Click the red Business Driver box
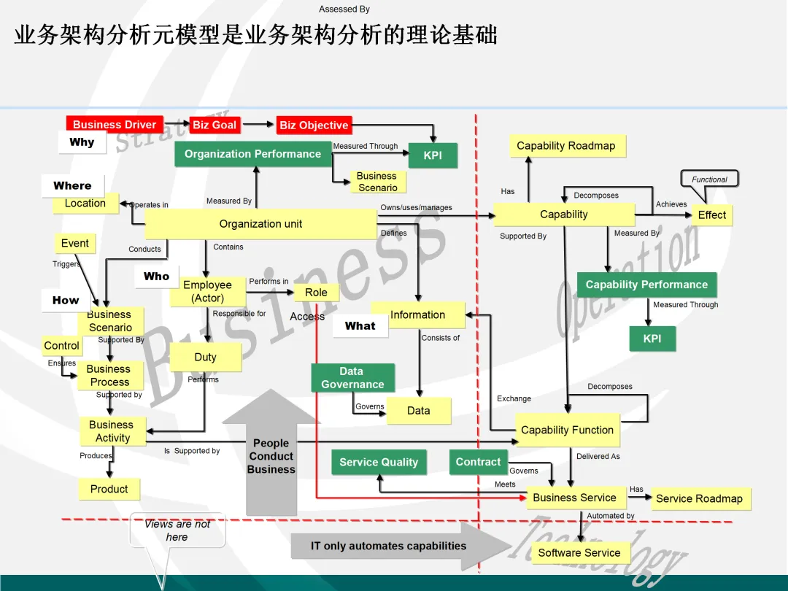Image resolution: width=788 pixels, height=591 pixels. point(115,125)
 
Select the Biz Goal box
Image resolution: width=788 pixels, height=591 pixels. point(215,125)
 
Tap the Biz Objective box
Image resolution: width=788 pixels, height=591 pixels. point(314,125)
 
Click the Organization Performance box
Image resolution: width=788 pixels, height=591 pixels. point(252,154)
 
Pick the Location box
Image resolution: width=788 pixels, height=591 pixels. point(85,204)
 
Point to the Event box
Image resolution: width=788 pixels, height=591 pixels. point(74,244)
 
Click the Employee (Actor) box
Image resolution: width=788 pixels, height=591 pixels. point(207,292)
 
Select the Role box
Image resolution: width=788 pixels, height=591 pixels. point(316,293)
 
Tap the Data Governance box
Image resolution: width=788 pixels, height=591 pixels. point(352,378)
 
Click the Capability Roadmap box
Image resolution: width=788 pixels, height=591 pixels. point(566,146)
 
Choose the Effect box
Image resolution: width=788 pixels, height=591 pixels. point(711,215)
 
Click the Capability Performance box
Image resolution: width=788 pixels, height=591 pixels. point(646,285)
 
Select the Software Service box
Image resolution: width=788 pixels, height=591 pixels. point(579,553)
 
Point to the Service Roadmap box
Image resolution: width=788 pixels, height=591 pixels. point(699,499)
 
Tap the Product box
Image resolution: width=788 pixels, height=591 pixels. point(109,490)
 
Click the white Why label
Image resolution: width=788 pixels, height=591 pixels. point(82,142)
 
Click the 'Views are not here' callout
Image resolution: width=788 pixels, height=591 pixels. point(177,530)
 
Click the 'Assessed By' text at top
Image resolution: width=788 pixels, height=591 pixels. point(344,9)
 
